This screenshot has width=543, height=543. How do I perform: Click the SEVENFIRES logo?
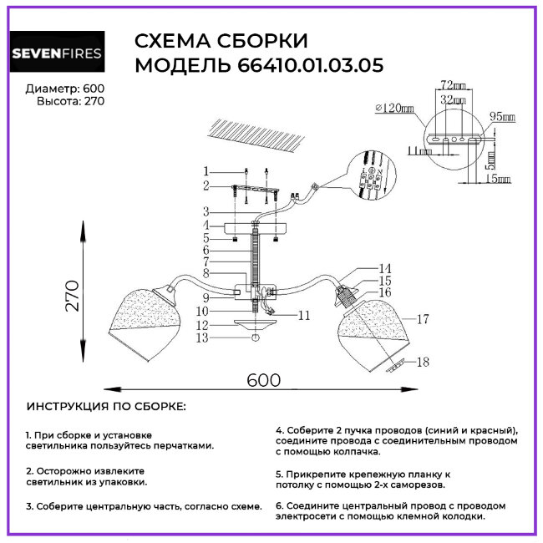56,54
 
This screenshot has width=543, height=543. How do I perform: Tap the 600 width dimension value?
263,378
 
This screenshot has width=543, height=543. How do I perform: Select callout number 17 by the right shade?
423,318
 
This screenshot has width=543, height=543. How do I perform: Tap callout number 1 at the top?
206,171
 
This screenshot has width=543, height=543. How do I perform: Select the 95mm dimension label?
502,117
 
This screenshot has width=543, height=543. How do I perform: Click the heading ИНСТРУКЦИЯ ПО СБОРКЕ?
106,406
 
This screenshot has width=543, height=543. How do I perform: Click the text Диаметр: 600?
65,88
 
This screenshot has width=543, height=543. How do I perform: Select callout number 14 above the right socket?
384,268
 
